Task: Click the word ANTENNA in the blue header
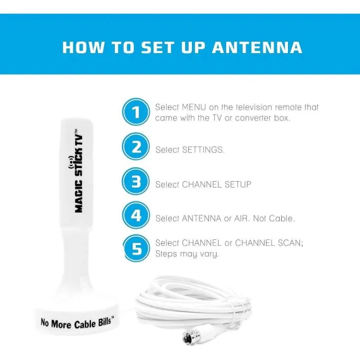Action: coord(257,47)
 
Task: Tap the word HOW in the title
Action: coord(83,47)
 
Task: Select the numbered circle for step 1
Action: coord(136,112)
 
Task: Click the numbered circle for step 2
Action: coord(136,147)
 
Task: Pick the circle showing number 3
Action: coord(136,181)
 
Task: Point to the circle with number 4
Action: coord(136,215)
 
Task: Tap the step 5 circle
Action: coord(136,248)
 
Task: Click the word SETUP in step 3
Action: coord(238,184)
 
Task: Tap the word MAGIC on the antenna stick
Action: coord(79,196)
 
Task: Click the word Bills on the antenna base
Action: coord(105,322)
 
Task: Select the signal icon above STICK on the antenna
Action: coord(71,162)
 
